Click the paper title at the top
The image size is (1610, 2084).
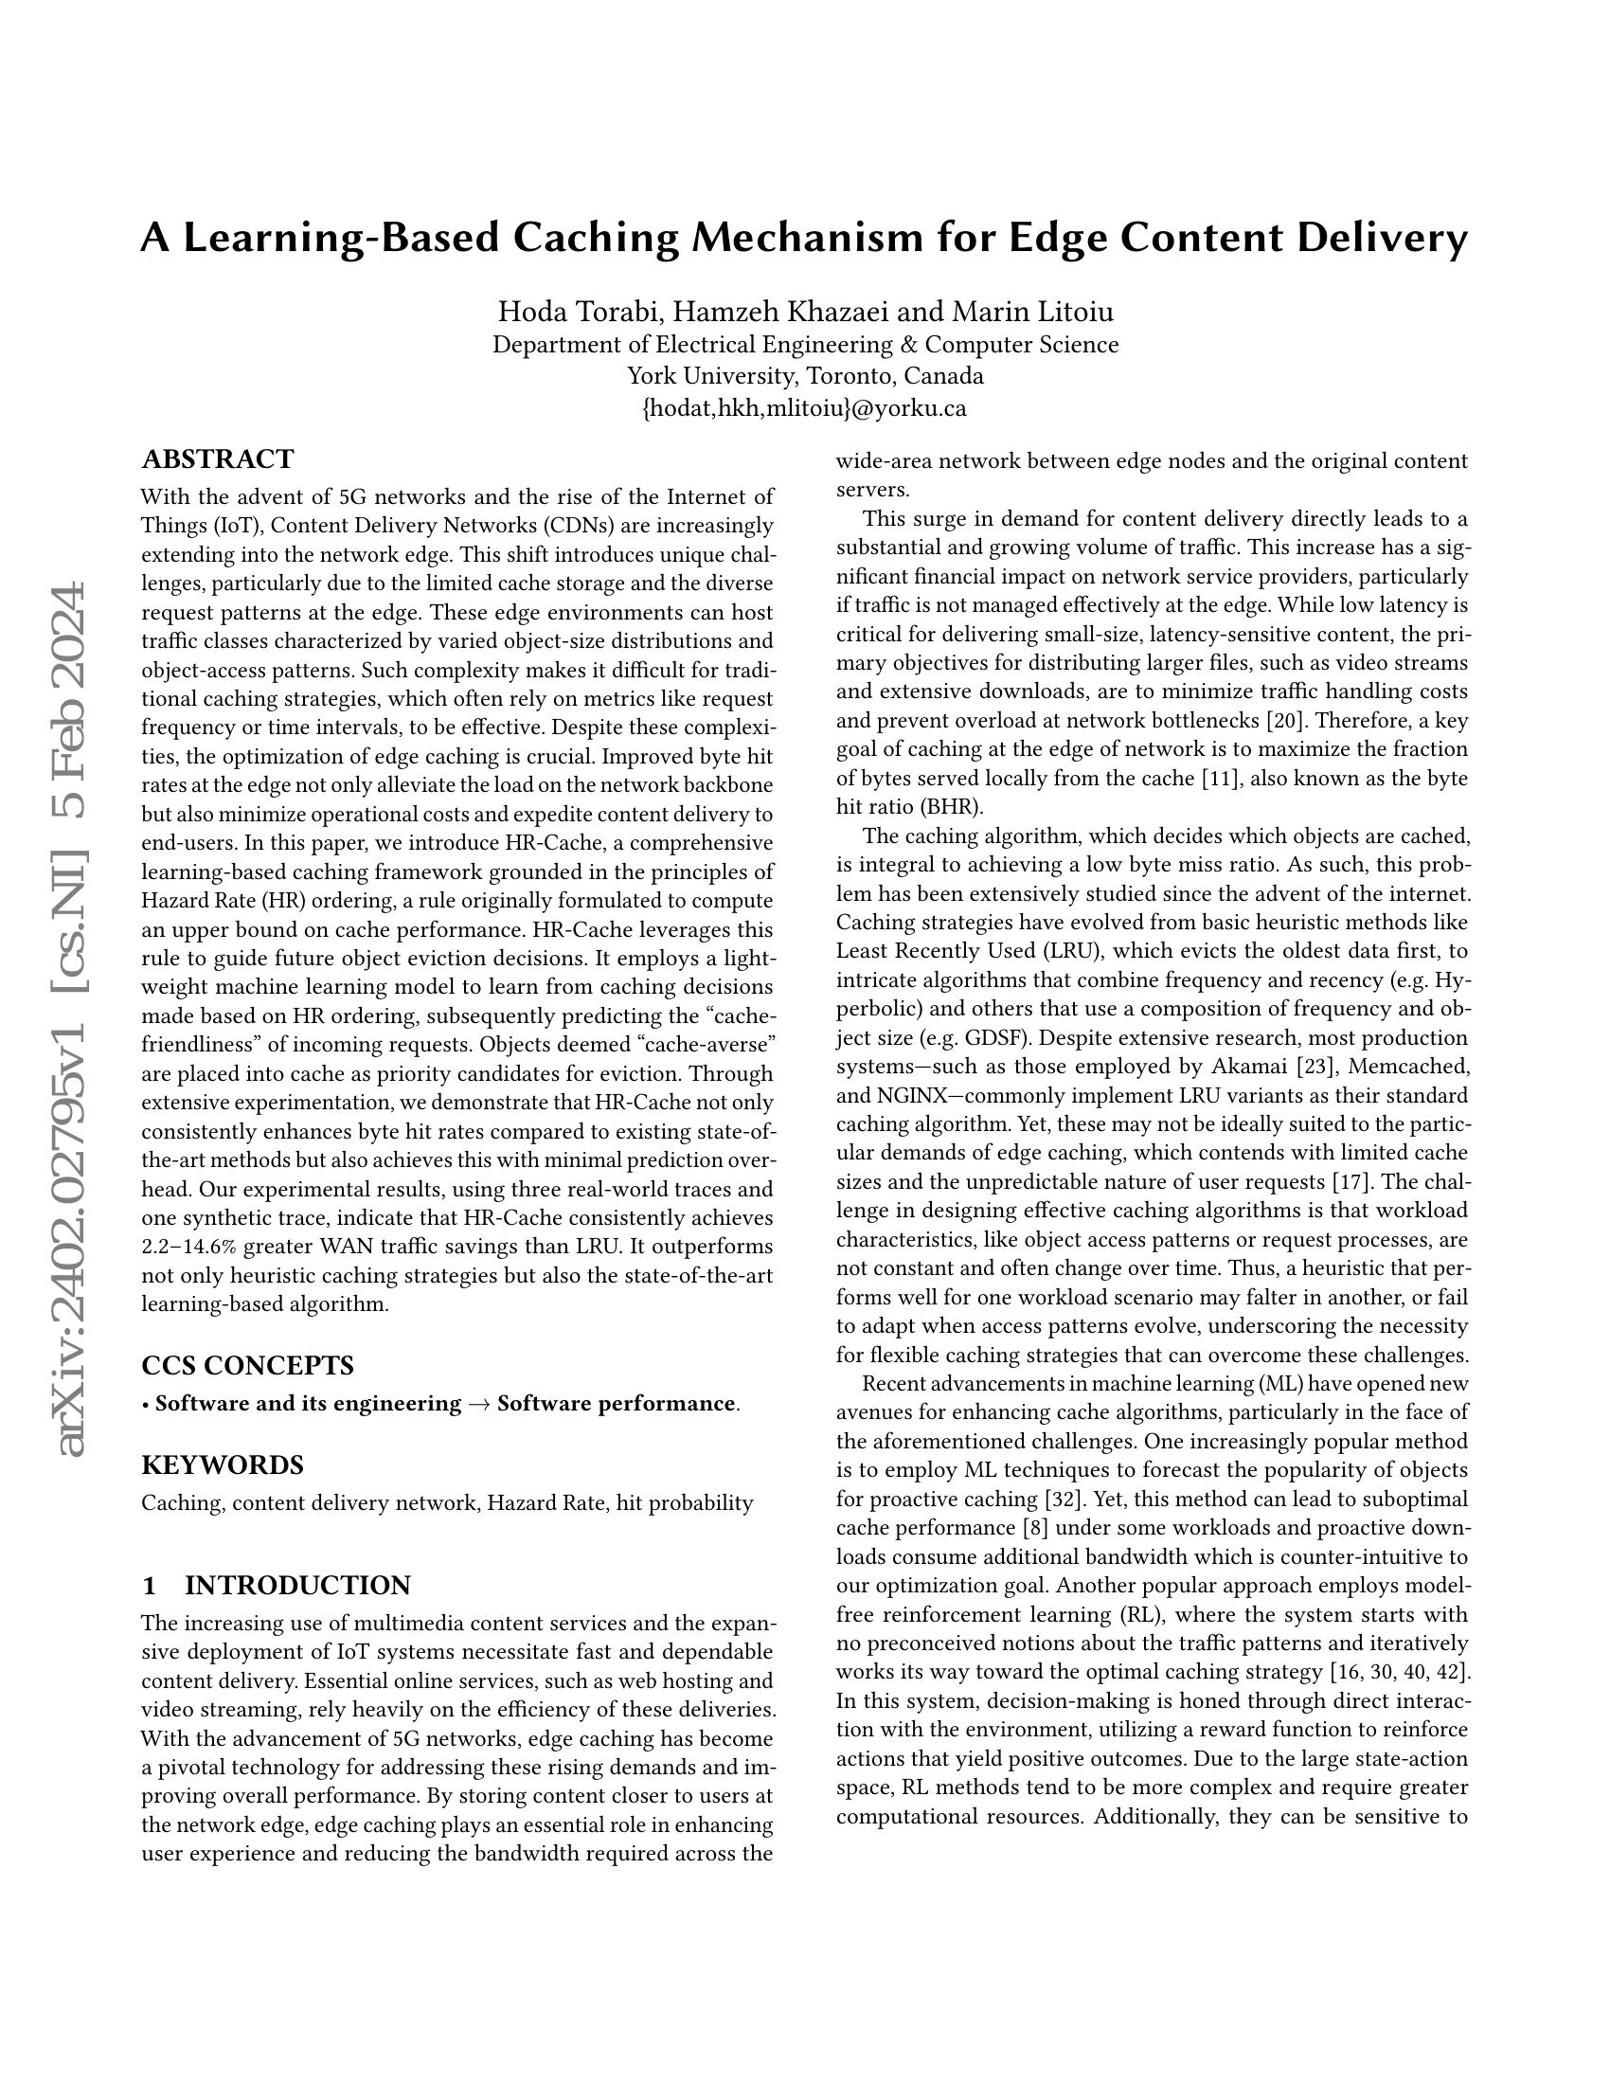804,238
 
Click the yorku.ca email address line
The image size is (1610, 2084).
805,408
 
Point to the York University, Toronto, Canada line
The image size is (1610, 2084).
805,376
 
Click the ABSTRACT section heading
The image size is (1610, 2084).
218,459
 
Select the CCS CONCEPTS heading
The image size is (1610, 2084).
247,1365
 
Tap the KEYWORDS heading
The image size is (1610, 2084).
223,1464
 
